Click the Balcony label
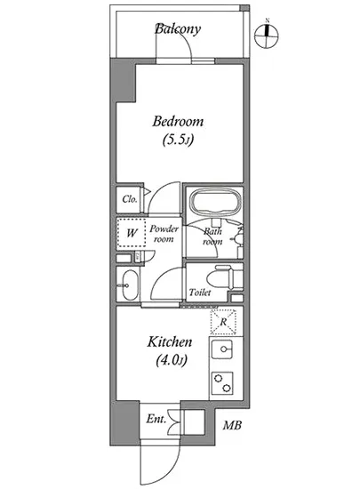[x=178, y=29]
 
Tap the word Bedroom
[x=178, y=121]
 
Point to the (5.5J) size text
[x=178, y=140]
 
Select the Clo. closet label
[x=130, y=199]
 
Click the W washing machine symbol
[x=132, y=233]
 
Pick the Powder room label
[x=164, y=234]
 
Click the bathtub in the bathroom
[x=216, y=202]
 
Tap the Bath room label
[x=212, y=236]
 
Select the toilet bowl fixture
[x=220, y=277]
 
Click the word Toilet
[x=200, y=293]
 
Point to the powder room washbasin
[x=130, y=285]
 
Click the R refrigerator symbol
[x=223, y=322]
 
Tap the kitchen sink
[x=222, y=349]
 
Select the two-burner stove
[x=222, y=382]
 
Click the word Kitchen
[x=170, y=342]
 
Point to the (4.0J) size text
[x=172, y=360]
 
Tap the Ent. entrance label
[x=156, y=420]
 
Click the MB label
[x=232, y=425]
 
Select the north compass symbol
[x=267, y=35]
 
